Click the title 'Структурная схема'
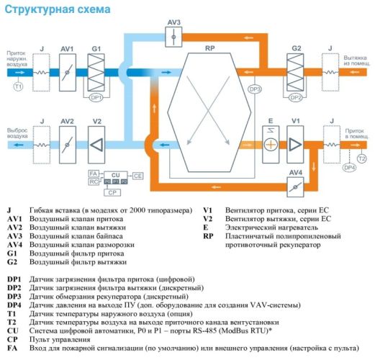pyautogui.click(x=58, y=9)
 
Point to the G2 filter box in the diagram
pyautogui.click(x=296, y=73)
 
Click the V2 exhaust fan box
pyautogui.click(x=96, y=145)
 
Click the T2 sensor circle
pyautogui.click(x=361, y=158)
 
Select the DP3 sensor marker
pyautogui.click(x=254, y=89)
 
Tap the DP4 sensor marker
pyautogui.click(x=349, y=168)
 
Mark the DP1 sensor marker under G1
pyautogui.click(x=96, y=97)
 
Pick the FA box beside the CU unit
pyautogui.click(x=93, y=174)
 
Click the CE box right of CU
pyautogui.click(x=138, y=175)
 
